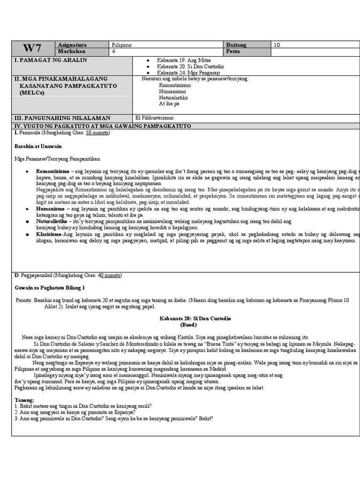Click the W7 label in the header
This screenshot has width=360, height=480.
33,48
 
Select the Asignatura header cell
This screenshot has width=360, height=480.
72,45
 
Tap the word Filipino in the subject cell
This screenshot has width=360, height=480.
122,45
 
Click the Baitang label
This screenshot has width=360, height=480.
236,45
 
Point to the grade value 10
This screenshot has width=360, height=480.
277,45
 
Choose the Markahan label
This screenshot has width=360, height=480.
70,51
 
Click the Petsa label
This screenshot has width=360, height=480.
233,51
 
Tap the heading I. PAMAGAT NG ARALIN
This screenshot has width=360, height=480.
51,60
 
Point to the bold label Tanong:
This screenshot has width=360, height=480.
24,400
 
